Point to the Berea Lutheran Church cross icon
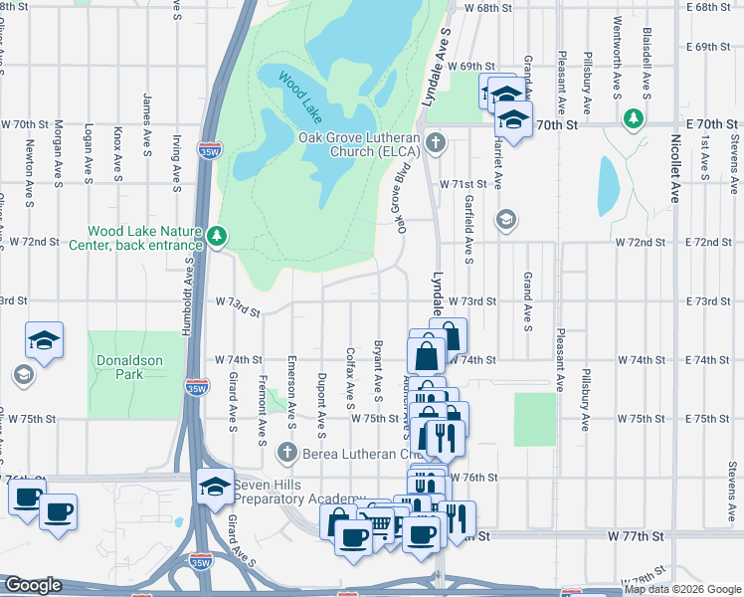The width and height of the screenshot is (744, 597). point(287,453)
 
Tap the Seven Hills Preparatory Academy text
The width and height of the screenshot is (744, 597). point(299,491)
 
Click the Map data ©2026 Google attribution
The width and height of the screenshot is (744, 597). point(682,589)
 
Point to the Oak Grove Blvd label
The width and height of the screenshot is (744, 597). point(405,199)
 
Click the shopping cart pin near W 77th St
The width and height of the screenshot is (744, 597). point(378,522)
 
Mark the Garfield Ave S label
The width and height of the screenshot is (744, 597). point(467,224)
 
